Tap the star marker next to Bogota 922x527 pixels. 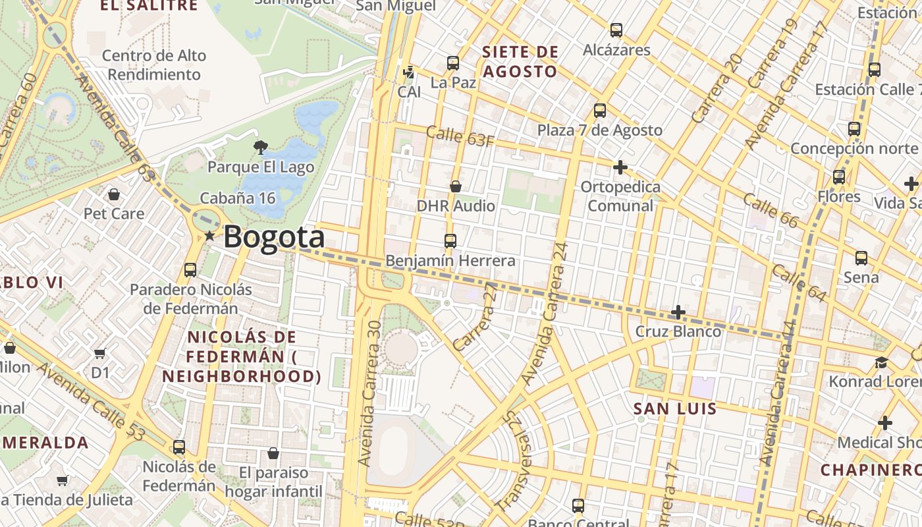click(209, 236)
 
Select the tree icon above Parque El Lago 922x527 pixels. click(261, 147)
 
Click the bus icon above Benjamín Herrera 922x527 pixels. click(450, 240)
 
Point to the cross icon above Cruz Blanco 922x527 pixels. click(678, 312)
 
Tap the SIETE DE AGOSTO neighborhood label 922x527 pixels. click(520, 61)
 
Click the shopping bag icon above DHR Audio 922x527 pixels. click(456, 186)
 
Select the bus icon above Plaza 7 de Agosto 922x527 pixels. click(599, 110)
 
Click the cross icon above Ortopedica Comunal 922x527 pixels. click(620, 167)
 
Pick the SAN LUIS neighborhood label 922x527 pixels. click(675, 409)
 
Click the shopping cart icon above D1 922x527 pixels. click(100, 354)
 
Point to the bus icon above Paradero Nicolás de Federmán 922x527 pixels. click(190, 269)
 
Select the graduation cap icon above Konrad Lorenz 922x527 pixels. click(881, 362)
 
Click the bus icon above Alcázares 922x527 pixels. click(616, 30)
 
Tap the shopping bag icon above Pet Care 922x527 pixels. click(114, 194)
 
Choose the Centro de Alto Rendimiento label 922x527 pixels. click(154, 65)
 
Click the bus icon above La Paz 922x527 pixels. click(453, 63)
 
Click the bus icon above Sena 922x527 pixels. click(861, 258)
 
